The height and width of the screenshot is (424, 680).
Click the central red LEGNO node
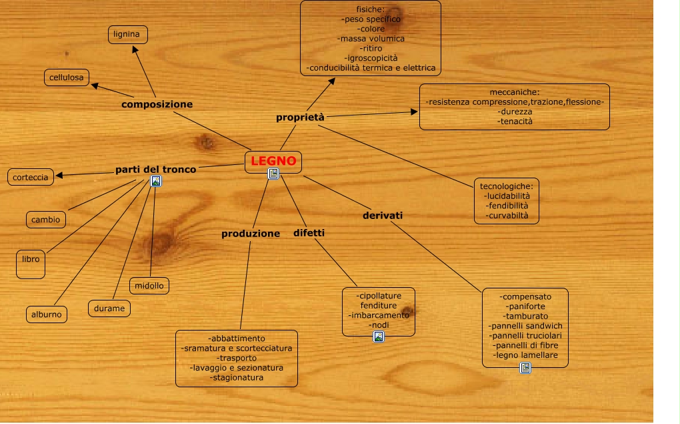tap(273, 161)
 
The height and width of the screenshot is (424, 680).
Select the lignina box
tap(127, 34)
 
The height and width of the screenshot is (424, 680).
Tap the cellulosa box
tap(67, 78)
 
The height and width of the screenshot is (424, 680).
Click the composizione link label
tap(157, 104)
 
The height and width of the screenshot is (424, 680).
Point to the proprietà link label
tap(300, 118)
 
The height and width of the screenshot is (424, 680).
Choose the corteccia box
tap(31, 177)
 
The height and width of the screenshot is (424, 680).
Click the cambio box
tap(46, 219)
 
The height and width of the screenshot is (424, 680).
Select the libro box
tap(31, 263)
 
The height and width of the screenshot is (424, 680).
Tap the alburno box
tap(47, 314)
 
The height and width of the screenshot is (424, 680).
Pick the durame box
tap(109, 308)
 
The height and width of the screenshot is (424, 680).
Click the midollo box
tap(149, 286)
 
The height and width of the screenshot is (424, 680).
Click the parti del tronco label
tap(155, 170)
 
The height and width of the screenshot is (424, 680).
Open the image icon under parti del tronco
tap(156, 181)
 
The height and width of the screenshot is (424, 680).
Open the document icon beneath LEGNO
tap(273, 174)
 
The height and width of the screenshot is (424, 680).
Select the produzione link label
tap(251, 234)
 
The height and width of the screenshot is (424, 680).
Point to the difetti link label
tap(309, 233)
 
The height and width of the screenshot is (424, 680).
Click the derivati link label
tap(382, 215)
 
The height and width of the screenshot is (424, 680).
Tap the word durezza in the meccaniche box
tap(514, 112)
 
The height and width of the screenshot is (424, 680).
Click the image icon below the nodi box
tap(379, 337)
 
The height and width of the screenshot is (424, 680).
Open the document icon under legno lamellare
tap(525, 368)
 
